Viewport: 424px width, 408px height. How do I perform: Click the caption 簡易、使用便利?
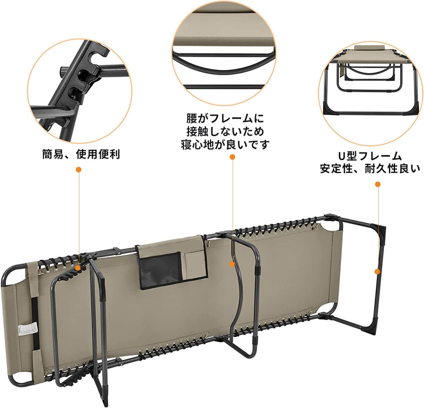(81, 155)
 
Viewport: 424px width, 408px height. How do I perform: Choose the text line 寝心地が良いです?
(225, 144)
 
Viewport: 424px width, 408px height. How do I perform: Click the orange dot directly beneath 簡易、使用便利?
(78, 170)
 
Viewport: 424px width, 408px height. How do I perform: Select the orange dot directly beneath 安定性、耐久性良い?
(378, 184)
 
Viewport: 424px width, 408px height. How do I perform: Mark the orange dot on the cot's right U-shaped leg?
(377, 271)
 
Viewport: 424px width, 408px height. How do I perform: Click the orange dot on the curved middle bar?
(232, 262)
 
